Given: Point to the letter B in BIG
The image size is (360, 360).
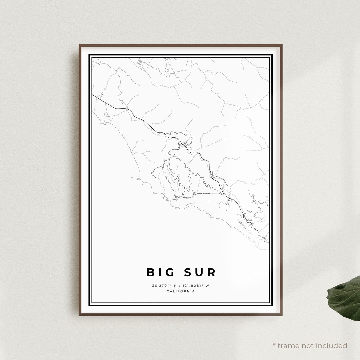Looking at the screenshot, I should click(x=151, y=272).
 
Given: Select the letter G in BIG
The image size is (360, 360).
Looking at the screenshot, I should click(x=170, y=272).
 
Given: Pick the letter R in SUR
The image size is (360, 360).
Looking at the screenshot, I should click(x=211, y=272).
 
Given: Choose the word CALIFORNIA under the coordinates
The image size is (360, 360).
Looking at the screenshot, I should click(x=181, y=291).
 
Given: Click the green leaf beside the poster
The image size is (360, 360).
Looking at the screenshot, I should click(x=345, y=297).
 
